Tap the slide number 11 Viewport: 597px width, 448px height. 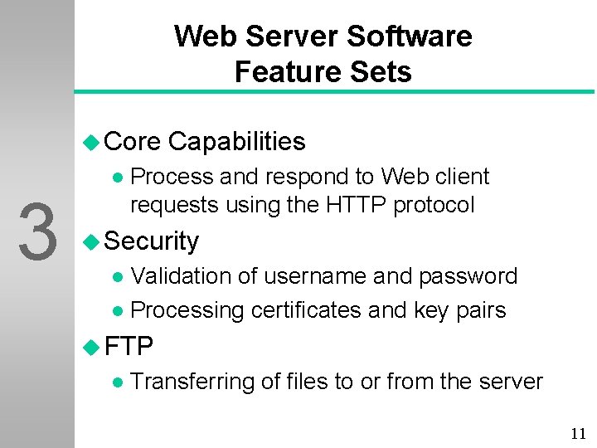click(x=578, y=433)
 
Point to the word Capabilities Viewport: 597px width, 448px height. click(x=236, y=142)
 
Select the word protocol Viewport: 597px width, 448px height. click(x=434, y=204)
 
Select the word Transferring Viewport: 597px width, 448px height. click(x=192, y=382)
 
